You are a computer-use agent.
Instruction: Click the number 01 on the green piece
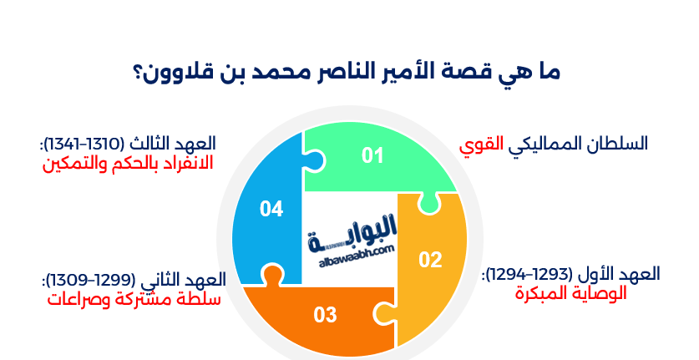[x=372, y=155]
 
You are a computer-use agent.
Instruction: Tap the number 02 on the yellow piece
[x=430, y=260]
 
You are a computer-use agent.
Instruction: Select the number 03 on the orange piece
[x=325, y=315]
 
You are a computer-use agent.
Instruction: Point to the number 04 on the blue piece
[x=271, y=209]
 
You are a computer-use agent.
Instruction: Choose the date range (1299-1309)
[x=89, y=279]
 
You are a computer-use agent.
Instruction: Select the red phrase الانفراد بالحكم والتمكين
[x=128, y=162]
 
